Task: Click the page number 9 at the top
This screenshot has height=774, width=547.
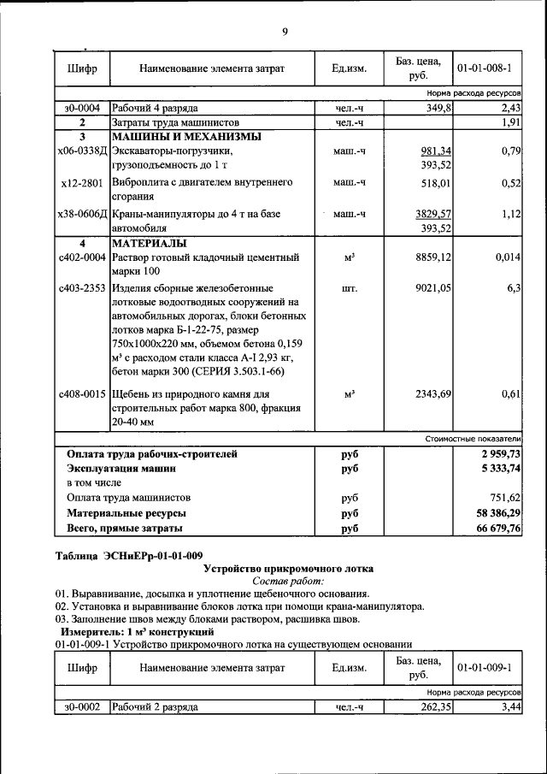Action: coord(285,32)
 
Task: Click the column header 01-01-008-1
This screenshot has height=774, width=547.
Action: coord(484,68)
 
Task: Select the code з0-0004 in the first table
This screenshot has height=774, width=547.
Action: coord(82,109)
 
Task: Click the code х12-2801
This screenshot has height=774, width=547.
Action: coord(82,183)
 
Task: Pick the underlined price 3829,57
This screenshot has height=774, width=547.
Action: coord(433,214)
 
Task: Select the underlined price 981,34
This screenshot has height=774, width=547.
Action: coord(436,151)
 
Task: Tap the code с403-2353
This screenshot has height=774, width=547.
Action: coord(82,289)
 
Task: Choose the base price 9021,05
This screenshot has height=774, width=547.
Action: coord(433,289)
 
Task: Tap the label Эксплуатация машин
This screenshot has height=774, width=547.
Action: coord(121,469)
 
